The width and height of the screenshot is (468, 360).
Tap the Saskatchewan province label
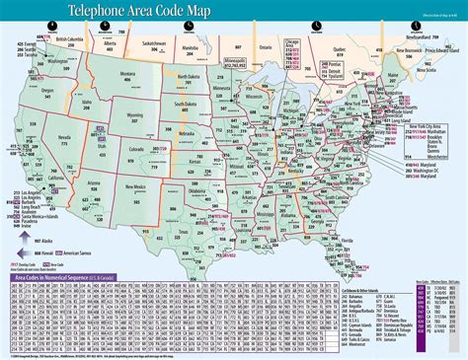click(x=154, y=43)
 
